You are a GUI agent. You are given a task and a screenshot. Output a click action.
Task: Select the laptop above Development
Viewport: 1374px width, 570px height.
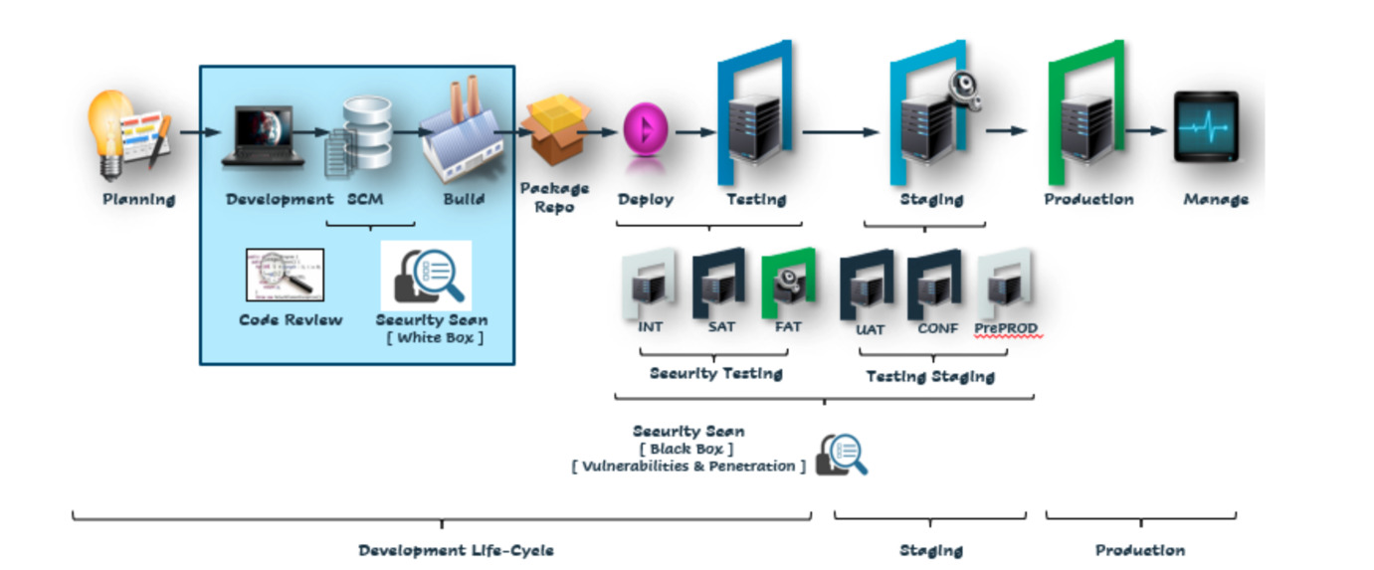pyautogui.click(x=264, y=134)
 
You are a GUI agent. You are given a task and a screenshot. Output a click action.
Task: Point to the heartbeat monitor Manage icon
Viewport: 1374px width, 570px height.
pyautogui.click(x=1206, y=126)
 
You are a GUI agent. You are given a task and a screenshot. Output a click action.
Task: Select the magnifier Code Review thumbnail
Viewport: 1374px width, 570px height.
pyautogui.click(x=285, y=275)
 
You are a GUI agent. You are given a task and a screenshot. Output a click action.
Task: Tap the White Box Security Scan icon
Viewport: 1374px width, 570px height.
pyautogui.click(x=427, y=276)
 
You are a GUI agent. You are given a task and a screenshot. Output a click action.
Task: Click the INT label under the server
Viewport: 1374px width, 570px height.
pyautogui.click(x=650, y=327)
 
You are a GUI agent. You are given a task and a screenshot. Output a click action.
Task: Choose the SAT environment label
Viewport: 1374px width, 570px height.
pyautogui.click(x=721, y=327)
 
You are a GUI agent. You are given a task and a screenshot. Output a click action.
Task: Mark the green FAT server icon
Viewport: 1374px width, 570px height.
pyautogui.click(x=788, y=285)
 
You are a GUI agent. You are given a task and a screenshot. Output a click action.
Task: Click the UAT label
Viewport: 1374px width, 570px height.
pyautogui.click(x=870, y=329)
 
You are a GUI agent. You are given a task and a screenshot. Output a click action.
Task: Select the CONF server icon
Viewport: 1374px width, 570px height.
pyautogui.click(x=933, y=284)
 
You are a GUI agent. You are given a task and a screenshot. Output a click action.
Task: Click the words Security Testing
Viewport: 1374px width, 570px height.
pyautogui.click(x=715, y=374)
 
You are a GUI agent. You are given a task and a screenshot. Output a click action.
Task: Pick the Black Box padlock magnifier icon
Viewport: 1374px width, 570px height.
pyautogui.click(x=842, y=455)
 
